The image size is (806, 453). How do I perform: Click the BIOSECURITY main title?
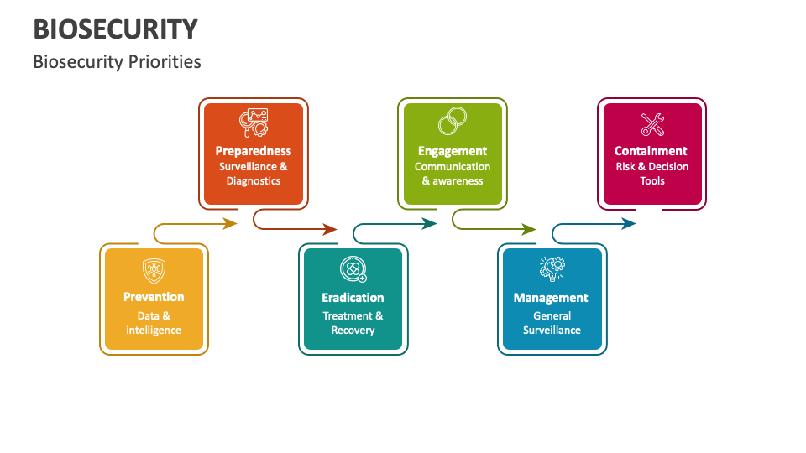click(116, 29)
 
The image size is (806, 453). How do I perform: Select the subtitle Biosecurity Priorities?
click(117, 62)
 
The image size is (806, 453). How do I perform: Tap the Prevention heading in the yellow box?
click(154, 297)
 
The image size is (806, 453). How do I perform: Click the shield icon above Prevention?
click(154, 270)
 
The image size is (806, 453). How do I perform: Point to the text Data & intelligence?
click(154, 323)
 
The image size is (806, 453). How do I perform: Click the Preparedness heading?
click(253, 151)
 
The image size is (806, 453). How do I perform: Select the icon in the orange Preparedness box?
click(253, 123)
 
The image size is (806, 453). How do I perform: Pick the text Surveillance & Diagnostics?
click(253, 174)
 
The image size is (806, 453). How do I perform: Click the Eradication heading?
click(353, 298)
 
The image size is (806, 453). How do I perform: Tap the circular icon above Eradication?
click(353, 270)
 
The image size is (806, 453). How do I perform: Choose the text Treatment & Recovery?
click(353, 323)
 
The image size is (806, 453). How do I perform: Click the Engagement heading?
click(453, 151)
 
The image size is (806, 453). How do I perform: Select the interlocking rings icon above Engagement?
click(453, 122)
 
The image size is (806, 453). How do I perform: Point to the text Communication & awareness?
click(453, 174)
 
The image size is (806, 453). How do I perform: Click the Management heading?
click(551, 298)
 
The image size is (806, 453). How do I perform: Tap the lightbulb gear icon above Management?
click(552, 268)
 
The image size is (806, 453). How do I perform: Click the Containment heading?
click(651, 151)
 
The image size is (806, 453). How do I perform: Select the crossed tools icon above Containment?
click(652, 124)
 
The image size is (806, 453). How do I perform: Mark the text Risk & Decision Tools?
click(652, 174)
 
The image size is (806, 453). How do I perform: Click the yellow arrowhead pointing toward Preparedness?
click(231, 223)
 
